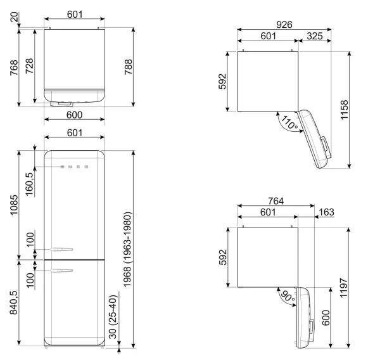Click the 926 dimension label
coord(284,25)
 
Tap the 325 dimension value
coord(315,36)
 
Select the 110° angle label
coord(289,122)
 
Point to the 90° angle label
coord(288,297)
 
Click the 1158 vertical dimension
coord(345,110)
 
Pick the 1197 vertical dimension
coord(343,288)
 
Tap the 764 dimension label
coord(276,201)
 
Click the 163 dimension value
coord(326,212)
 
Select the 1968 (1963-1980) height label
coord(128,249)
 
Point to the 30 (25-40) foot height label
coord(113,317)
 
